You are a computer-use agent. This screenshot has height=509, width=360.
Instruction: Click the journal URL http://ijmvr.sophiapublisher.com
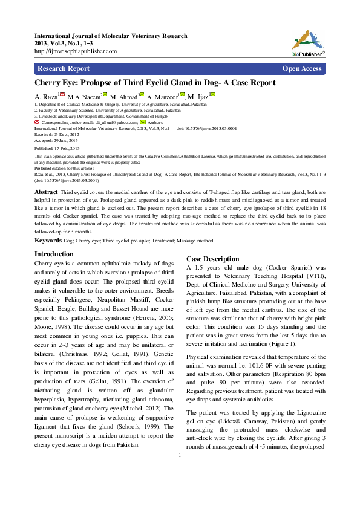pos(76,51)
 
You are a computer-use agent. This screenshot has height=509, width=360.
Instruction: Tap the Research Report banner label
pos(64,68)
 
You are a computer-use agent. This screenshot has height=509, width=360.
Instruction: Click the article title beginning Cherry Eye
pos(154,83)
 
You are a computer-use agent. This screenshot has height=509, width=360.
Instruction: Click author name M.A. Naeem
pos(83,97)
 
